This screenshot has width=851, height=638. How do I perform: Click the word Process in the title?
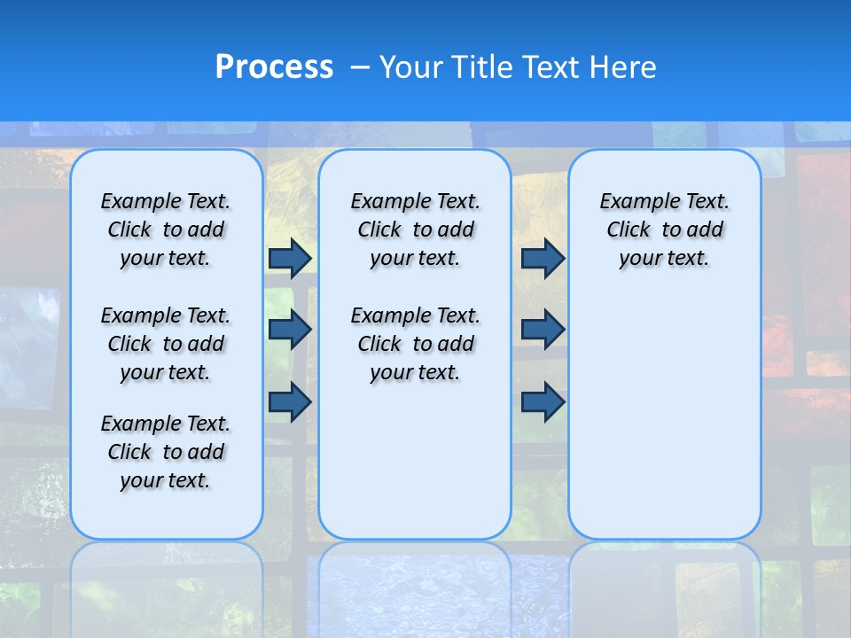click(x=274, y=66)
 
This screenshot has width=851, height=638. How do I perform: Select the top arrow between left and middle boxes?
click(x=290, y=258)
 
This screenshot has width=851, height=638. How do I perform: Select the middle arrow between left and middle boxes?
click(x=290, y=330)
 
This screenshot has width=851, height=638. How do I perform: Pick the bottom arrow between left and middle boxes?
click(x=290, y=402)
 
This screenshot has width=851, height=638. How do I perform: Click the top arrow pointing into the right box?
click(x=543, y=258)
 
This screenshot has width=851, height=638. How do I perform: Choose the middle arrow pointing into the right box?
click(x=543, y=330)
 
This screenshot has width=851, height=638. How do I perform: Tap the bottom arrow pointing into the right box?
click(x=543, y=402)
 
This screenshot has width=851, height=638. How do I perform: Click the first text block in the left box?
click(x=166, y=230)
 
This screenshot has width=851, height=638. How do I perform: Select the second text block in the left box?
click(x=166, y=344)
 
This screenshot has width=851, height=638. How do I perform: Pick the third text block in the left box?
click(x=166, y=452)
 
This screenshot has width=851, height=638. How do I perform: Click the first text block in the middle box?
click(x=415, y=230)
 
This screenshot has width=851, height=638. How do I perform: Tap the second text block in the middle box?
click(x=415, y=344)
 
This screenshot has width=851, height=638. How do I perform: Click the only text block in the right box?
click(x=664, y=230)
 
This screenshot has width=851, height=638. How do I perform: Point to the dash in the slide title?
click(x=360, y=67)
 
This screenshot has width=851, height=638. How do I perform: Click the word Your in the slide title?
click(x=411, y=67)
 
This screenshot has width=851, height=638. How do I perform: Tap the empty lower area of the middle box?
click(x=415, y=461)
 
